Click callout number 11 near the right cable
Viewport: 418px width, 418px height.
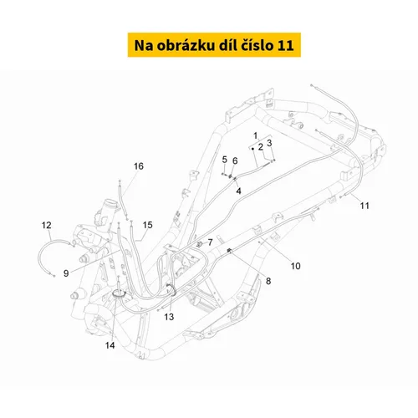coord(364,206)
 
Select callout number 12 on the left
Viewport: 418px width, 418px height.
coord(47,225)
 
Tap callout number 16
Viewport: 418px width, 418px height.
coord(139,166)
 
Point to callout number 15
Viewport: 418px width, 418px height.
coord(148,225)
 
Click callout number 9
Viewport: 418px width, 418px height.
coord(66,273)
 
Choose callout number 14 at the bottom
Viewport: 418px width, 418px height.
coord(110,345)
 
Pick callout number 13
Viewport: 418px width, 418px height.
coord(169,317)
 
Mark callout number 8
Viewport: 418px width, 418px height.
coord(268,281)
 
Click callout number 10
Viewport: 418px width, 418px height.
coord(296,266)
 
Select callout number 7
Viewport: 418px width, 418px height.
coord(211,242)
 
